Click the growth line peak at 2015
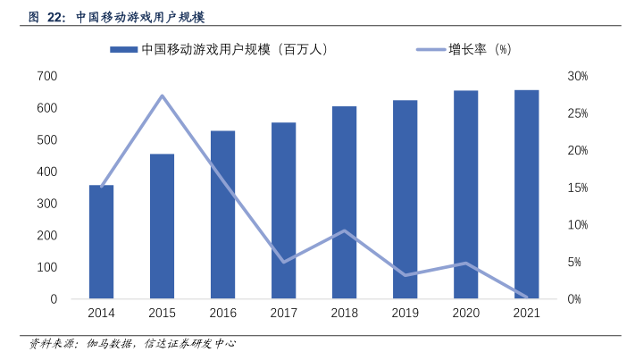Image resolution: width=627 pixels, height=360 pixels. [x=162, y=96]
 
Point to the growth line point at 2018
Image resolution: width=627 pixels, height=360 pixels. [x=345, y=230]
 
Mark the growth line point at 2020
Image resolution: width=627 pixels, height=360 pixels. [x=466, y=263]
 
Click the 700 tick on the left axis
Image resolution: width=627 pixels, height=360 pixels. [x=47, y=77]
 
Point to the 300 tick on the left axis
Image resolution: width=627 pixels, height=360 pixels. [x=47, y=204]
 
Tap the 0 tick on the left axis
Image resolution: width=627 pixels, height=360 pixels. [x=54, y=299]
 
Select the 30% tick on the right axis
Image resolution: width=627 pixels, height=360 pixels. [x=578, y=77]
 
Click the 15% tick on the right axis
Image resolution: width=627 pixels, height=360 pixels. [x=578, y=188]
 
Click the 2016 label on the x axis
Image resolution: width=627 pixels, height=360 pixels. [x=222, y=314]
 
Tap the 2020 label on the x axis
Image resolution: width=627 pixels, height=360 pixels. [x=466, y=314]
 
